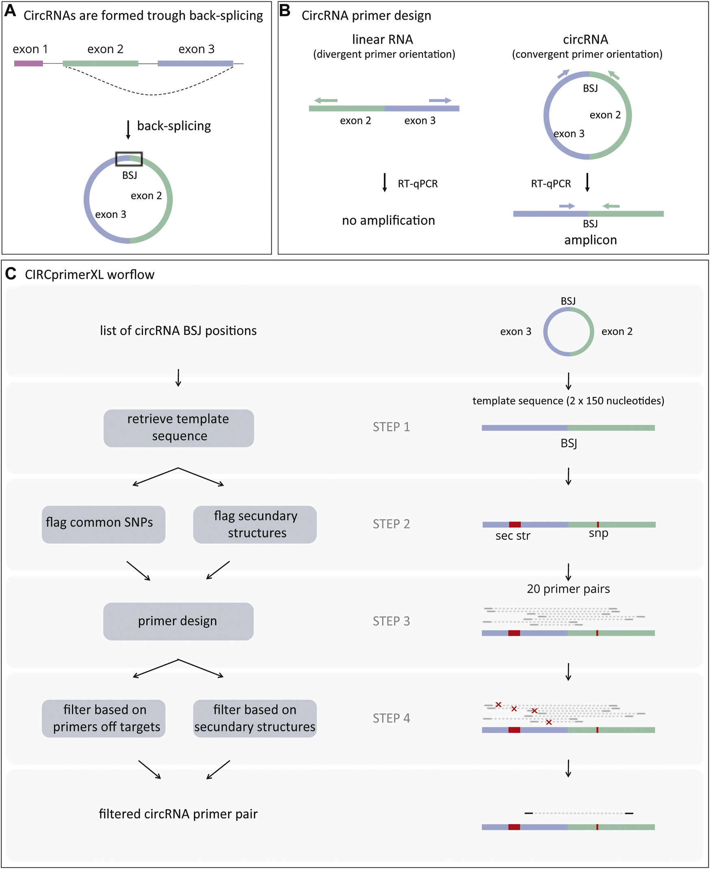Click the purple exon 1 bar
pyautogui.click(x=28, y=63)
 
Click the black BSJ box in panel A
pyautogui.click(x=129, y=159)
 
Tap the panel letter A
pyautogui.click(x=10, y=11)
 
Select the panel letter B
pyautogui.click(x=285, y=11)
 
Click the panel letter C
pyautogui.click(x=11, y=274)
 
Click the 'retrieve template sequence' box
pyautogui.click(x=178, y=428)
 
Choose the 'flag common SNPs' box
pyautogui.click(x=104, y=524)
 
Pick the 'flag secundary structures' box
pyautogui.click(x=255, y=524)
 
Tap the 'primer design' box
pyautogui.click(x=178, y=621)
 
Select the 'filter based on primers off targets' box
pyautogui.click(x=104, y=718)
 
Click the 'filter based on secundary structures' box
pyautogui.click(x=255, y=718)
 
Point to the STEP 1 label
pyautogui.click(x=391, y=427)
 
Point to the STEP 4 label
pyautogui.click(x=391, y=718)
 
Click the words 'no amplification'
pyautogui.click(x=388, y=221)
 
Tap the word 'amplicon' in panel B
pyautogui.click(x=590, y=240)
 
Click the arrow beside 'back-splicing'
pyautogui.click(x=128, y=129)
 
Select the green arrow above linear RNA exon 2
pyautogui.click(x=326, y=100)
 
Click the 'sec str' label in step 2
pyautogui.click(x=513, y=536)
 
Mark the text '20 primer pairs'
pyautogui.click(x=568, y=589)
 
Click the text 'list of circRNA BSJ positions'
pyautogui.click(x=178, y=331)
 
